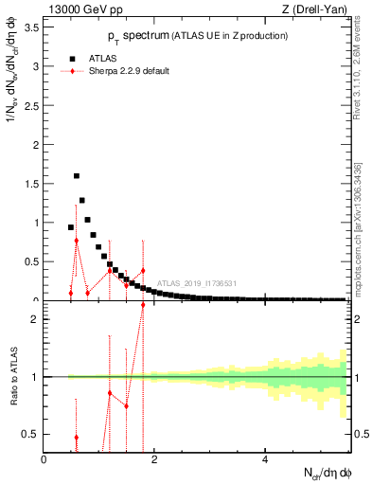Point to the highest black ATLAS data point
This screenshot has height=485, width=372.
[x=77, y=176]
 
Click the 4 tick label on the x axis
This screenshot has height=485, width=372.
[x=265, y=460]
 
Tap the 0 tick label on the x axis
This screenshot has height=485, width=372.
[x=44, y=460]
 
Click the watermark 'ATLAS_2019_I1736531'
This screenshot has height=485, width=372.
[x=197, y=283]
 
